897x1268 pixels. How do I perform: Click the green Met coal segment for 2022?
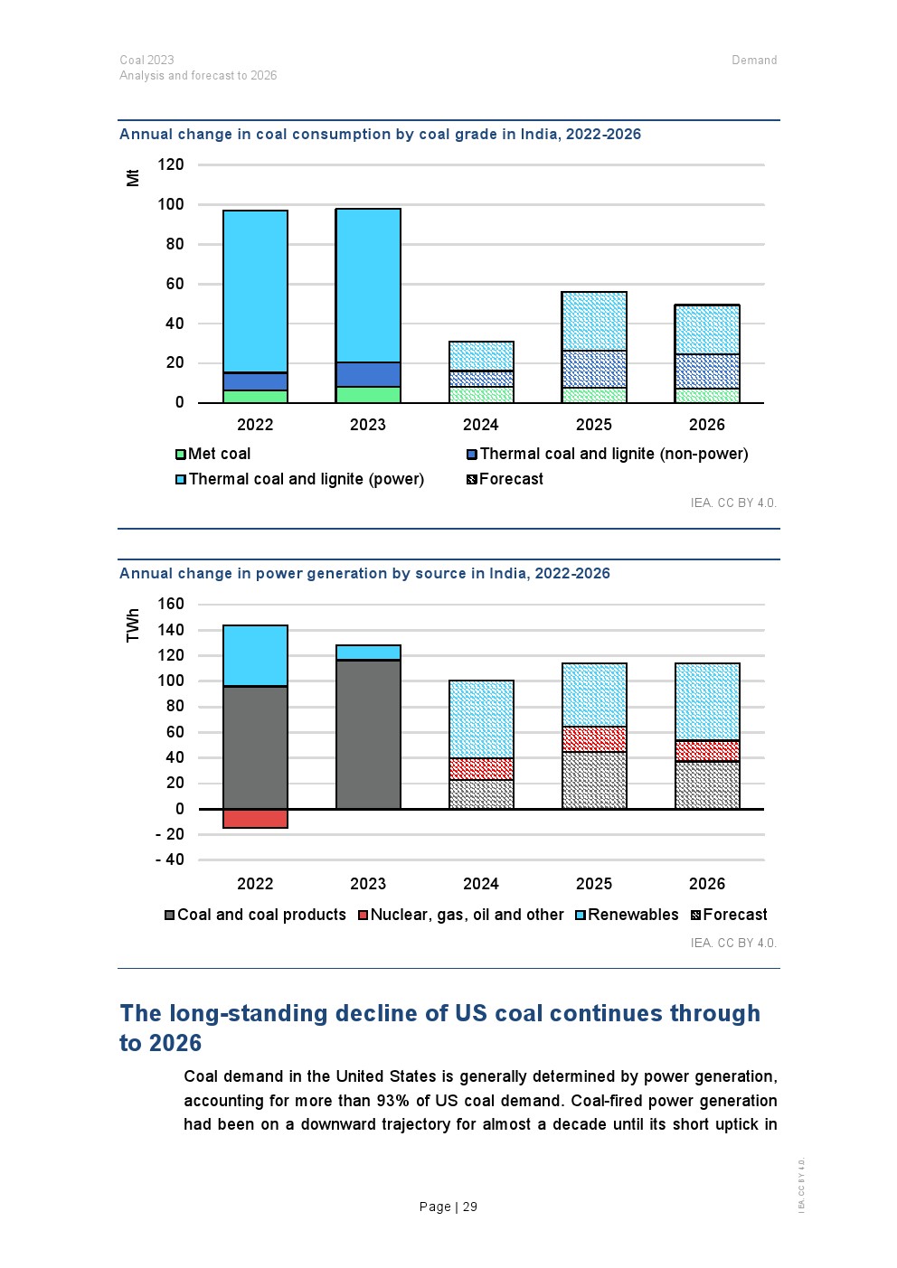(x=255, y=396)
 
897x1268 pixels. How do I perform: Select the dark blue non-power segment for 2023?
(x=368, y=375)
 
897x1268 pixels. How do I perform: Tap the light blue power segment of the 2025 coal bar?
(x=594, y=322)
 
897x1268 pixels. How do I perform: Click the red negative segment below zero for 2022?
(x=255, y=819)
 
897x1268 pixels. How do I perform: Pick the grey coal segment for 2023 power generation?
(x=368, y=734)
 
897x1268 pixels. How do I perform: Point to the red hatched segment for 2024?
(x=481, y=769)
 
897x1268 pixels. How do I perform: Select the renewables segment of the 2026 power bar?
(x=707, y=702)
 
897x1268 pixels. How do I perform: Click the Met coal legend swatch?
(x=181, y=455)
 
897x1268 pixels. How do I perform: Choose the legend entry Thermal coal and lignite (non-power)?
(x=608, y=454)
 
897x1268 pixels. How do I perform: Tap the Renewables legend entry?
(x=627, y=915)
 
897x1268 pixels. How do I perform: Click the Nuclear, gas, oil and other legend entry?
(x=461, y=916)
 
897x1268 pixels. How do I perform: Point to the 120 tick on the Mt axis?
(x=171, y=164)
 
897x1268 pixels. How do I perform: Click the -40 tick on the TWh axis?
(x=170, y=859)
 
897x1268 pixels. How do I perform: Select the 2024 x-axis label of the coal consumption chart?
(x=481, y=425)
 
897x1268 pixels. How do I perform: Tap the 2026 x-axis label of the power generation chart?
(x=707, y=884)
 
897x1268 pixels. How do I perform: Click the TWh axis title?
(x=133, y=625)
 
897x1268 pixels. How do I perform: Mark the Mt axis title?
(x=133, y=178)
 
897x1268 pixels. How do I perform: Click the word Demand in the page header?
(x=754, y=60)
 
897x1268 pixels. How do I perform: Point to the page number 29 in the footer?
(x=470, y=1207)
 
